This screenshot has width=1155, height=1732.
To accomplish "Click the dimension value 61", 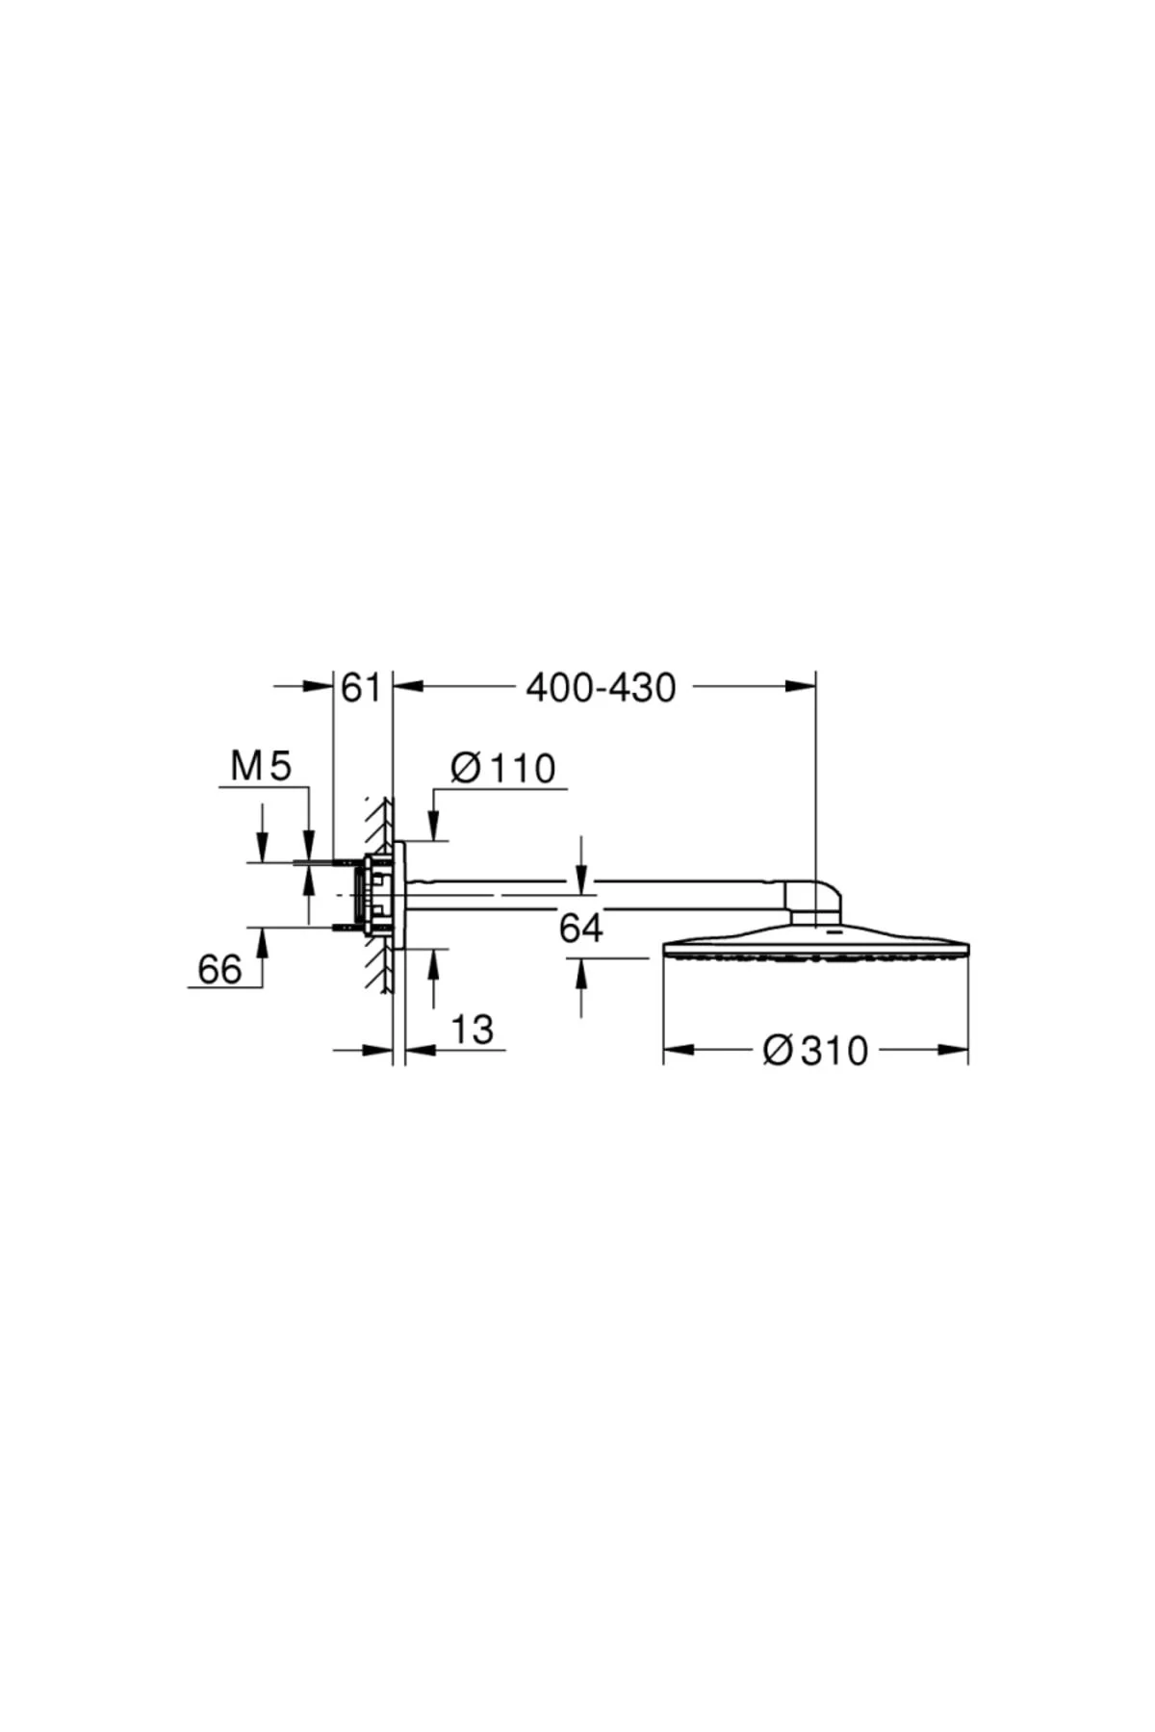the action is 362,688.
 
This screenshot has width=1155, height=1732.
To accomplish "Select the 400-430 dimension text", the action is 601,688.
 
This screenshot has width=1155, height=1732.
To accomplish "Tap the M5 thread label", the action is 261,767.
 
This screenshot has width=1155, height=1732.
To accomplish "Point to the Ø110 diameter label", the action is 503,769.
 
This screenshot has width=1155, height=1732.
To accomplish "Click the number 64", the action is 581,929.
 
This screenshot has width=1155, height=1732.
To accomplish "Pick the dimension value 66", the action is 219,969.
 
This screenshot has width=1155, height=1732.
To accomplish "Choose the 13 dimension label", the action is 472,1030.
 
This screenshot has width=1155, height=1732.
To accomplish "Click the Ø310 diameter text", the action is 815,1051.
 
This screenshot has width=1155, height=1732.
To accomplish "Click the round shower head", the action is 816,942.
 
